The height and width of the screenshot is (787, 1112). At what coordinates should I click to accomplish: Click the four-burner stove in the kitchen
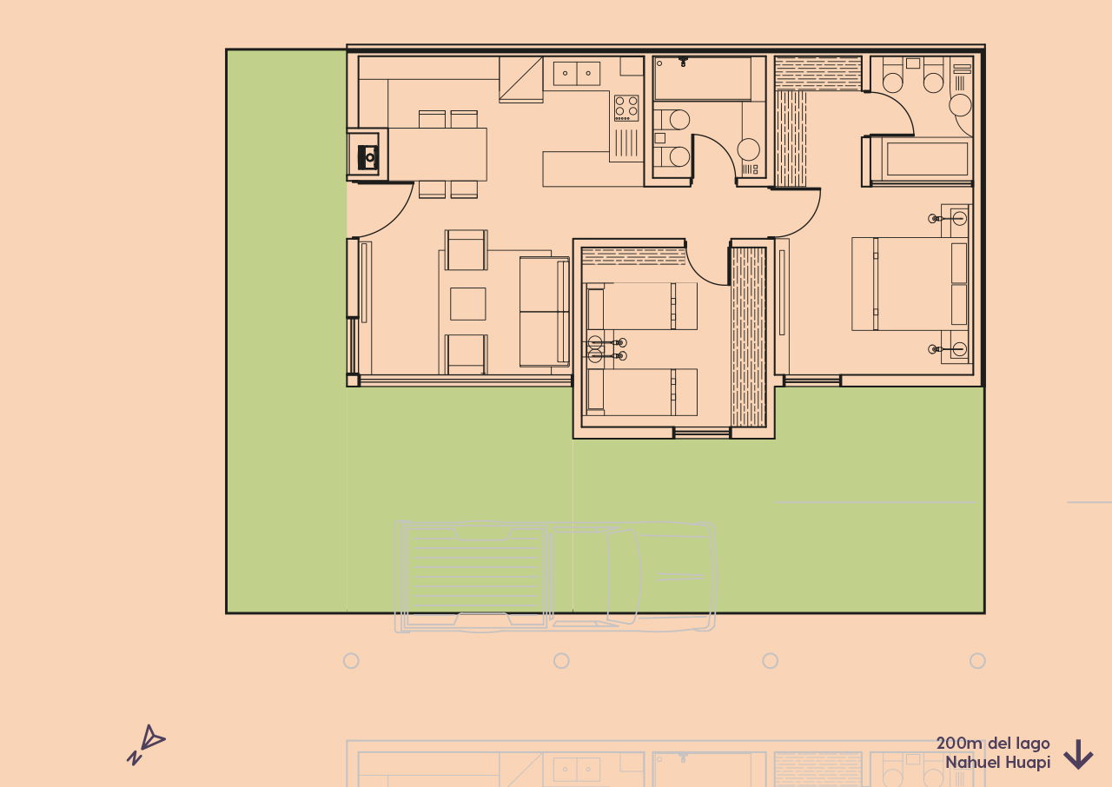(x=626, y=108)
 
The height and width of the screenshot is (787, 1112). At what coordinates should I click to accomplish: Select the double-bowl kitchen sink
(x=577, y=73)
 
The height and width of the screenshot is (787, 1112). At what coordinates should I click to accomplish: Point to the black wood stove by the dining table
(x=368, y=155)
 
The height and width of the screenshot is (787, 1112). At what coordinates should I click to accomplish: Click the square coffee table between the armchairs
(x=467, y=304)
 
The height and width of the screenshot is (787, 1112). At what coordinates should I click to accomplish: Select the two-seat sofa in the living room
(x=544, y=311)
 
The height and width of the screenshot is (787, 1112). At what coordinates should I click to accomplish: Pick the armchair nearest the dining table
(x=467, y=249)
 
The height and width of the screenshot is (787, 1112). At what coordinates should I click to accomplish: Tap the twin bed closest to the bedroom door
(x=642, y=306)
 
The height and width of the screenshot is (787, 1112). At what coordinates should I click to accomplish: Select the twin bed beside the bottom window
(x=642, y=393)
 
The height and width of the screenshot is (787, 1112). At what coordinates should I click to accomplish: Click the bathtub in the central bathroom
(x=703, y=79)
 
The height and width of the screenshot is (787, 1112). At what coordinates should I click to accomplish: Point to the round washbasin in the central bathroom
(x=749, y=149)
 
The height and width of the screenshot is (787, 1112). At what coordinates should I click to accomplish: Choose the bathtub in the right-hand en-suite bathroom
(x=926, y=159)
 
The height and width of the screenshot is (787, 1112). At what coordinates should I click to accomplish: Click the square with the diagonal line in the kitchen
(x=520, y=79)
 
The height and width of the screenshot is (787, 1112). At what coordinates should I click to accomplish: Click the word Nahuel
(x=973, y=763)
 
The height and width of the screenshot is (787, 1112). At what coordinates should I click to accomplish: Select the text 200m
(x=958, y=744)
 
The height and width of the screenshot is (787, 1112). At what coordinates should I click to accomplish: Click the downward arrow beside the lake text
(x=1078, y=754)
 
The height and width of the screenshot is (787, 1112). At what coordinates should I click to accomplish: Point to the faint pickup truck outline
(x=555, y=576)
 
